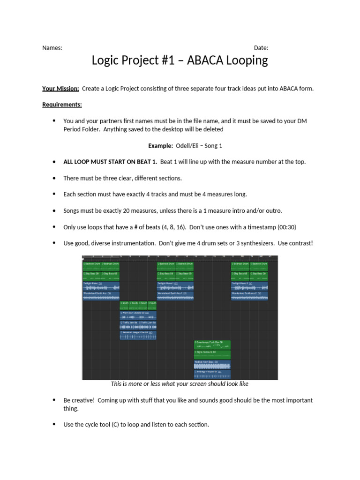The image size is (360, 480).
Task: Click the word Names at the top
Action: click(x=52, y=48)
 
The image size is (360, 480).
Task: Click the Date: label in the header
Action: click(x=261, y=48)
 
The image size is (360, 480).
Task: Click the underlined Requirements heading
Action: click(x=62, y=105)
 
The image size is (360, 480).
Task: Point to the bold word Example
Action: click(x=160, y=146)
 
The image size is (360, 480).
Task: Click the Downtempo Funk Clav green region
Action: click(x=212, y=345)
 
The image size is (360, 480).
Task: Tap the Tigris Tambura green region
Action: click(x=212, y=354)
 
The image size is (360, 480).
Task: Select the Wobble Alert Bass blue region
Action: click(x=212, y=364)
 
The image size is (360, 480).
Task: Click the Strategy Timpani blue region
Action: click(x=212, y=374)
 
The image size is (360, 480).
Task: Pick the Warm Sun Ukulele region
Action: click(x=138, y=315)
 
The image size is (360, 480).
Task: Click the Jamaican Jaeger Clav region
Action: click(x=138, y=335)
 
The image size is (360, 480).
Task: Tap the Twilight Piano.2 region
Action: click(x=249, y=285)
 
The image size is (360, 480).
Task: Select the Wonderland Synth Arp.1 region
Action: click(x=175, y=295)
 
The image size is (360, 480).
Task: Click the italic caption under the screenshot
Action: click(x=180, y=384)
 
